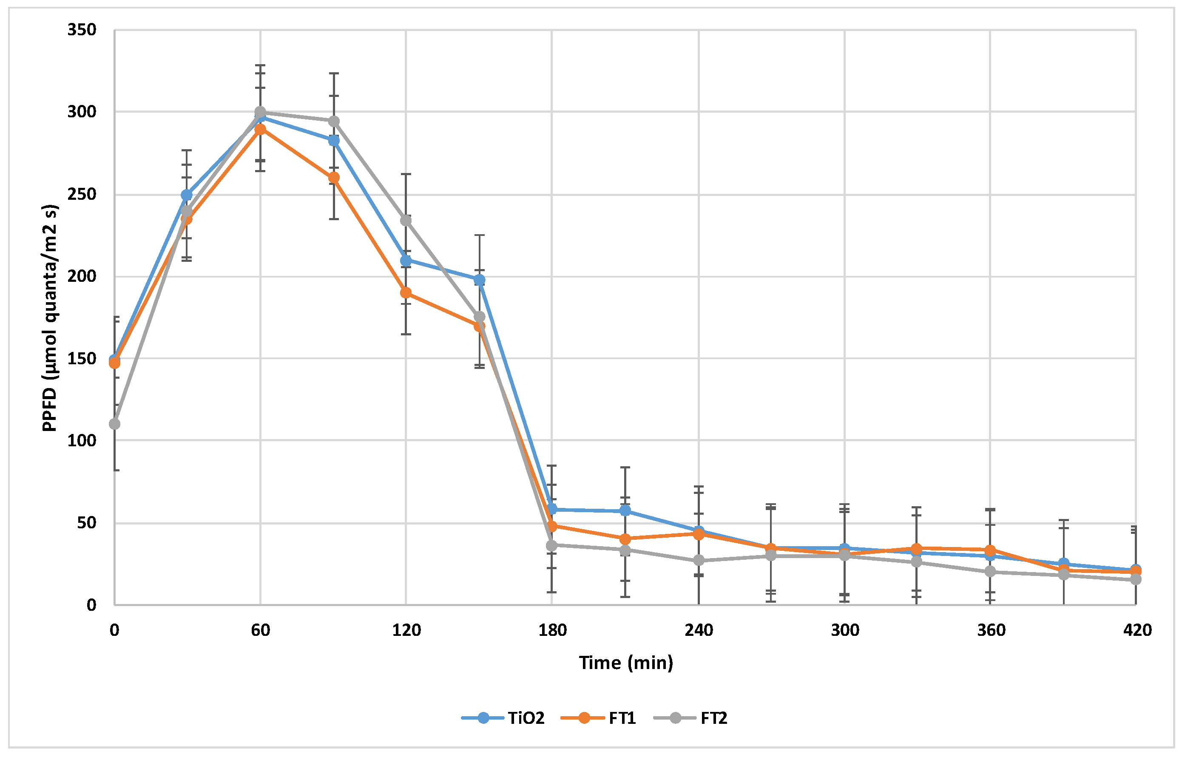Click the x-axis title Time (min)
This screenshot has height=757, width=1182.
coord(625,663)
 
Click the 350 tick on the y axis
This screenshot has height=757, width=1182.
coord(82,30)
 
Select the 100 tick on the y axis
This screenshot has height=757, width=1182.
coord(82,440)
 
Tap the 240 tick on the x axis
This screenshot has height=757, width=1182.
coord(698,630)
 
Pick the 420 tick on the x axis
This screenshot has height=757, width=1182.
coord(1137,630)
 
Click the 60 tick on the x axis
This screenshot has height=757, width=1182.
coord(260,630)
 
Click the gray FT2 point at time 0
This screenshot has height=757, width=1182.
coord(114,424)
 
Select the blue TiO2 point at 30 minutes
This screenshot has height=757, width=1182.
coord(187,195)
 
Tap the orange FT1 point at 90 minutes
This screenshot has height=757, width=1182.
coord(333,177)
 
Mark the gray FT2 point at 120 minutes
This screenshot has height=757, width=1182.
coord(406,220)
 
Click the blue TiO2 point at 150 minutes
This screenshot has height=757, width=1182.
coord(479,280)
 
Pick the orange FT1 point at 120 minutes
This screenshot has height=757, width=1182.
coord(406,293)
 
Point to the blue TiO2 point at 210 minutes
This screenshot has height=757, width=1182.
coord(625,511)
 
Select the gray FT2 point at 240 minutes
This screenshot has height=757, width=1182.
coord(698,560)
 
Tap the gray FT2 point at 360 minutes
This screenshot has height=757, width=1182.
coord(990,572)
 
